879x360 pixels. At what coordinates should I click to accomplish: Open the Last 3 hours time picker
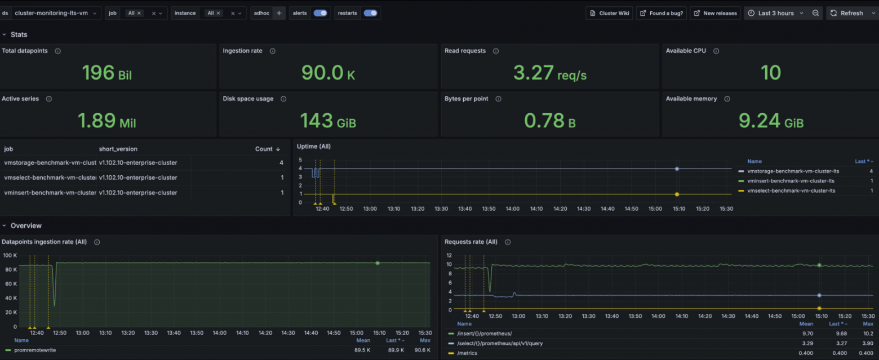(775, 13)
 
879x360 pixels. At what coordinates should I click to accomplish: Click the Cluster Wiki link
(609, 13)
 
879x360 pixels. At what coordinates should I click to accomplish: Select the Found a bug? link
(661, 13)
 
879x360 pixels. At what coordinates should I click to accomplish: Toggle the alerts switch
(320, 13)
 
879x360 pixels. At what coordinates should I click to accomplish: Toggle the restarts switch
(370, 13)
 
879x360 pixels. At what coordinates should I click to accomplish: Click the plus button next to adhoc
(279, 13)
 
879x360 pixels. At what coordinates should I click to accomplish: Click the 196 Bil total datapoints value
(107, 73)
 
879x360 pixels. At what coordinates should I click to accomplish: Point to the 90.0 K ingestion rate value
(328, 73)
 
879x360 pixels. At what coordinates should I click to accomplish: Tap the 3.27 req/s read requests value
(549, 73)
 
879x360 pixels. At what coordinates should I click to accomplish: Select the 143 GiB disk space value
(328, 121)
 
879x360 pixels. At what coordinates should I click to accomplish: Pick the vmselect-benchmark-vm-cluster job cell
(50, 177)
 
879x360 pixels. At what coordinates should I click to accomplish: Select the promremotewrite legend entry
(34, 350)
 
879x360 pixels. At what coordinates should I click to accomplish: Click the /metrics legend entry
(467, 353)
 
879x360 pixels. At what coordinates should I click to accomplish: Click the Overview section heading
(26, 226)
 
